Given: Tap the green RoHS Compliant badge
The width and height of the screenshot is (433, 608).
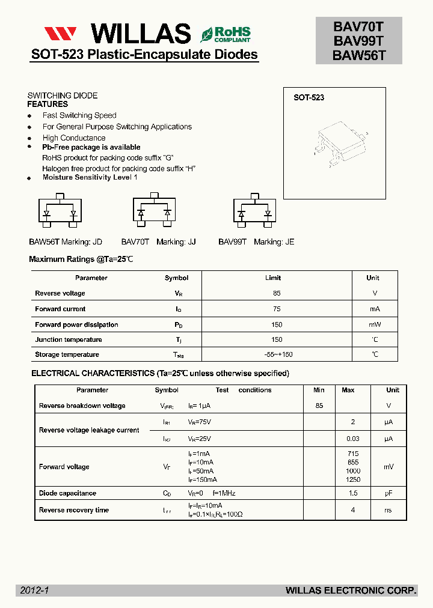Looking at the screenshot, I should (226, 34).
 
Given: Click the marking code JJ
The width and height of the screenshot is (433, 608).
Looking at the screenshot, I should (192, 242).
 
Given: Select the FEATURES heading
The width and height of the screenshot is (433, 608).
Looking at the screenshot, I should (48, 104).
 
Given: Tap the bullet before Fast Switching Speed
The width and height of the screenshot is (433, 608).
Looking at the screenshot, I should (29, 116).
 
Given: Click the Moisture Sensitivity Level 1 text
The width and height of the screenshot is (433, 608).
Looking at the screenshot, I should (90, 177).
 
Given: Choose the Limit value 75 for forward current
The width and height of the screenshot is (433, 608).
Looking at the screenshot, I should (277, 309).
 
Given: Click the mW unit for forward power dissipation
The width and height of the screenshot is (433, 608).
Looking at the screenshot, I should (375, 324).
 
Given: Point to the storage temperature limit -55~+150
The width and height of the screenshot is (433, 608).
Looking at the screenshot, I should (277, 354).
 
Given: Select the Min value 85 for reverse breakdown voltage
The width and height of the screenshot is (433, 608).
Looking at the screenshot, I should (319, 406).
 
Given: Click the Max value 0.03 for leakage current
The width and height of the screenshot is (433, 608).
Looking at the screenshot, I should (353, 439).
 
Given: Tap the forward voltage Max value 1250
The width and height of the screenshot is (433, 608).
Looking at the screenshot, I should (353, 479).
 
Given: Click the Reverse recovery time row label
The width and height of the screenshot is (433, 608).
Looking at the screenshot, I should (74, 510).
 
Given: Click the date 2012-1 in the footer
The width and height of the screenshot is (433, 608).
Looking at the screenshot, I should (34, 591).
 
